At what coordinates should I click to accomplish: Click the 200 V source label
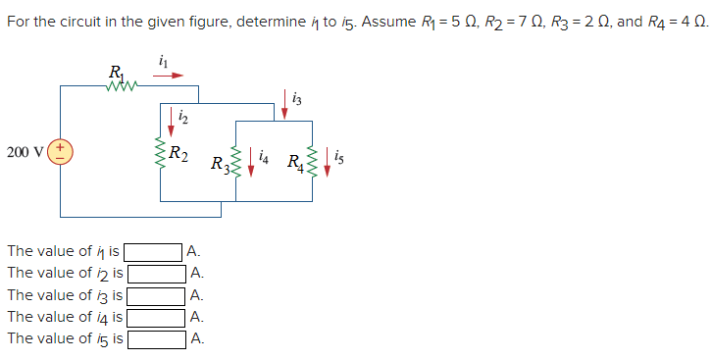[x=24, y=152]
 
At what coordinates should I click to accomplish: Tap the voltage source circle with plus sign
[x=60, y=152]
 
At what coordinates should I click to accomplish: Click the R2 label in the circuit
[x=179, y=153]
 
